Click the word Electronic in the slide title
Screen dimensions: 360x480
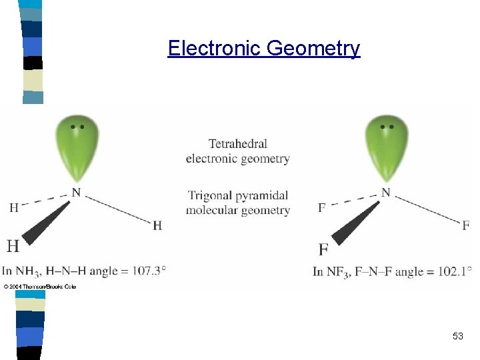(215, 49)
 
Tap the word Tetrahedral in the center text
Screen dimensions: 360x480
(237, 143)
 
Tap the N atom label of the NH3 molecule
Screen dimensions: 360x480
(77, 193)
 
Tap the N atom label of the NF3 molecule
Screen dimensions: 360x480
(386, 193)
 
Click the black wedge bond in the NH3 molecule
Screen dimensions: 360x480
(47, 223)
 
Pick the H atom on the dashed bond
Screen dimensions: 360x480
(14, 207)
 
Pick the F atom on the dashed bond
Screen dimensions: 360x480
(322, 207)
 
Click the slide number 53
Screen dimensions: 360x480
(457, 337)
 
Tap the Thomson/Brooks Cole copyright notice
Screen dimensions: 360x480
(40, 287)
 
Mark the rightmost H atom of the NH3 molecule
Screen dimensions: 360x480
(157, 226)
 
